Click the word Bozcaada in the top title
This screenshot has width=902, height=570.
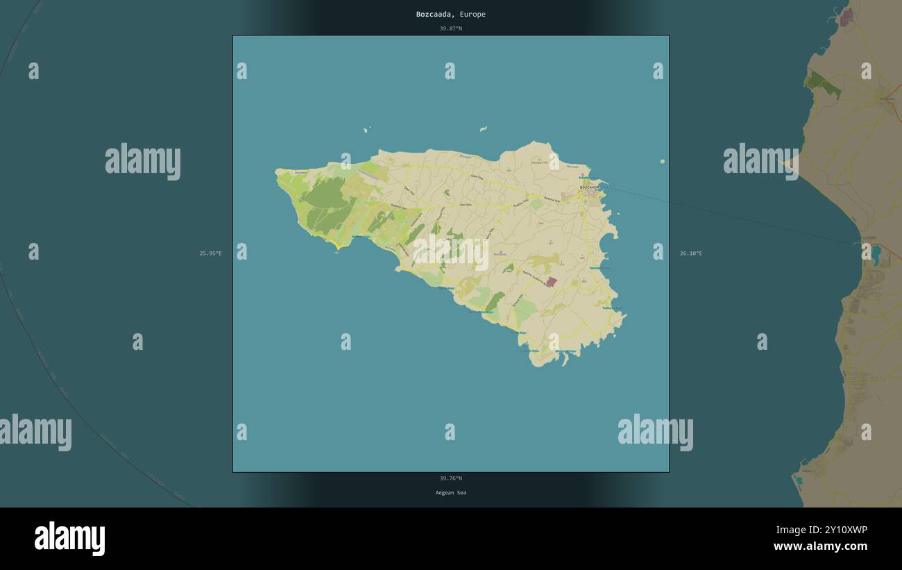coord(435,14)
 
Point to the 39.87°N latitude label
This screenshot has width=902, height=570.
coord(450,28)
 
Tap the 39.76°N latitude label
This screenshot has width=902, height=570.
coord(450,478)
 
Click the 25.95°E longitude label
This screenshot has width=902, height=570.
coord(211,253)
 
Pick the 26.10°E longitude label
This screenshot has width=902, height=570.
coord(691,253)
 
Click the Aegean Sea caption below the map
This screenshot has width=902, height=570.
coord(450,493)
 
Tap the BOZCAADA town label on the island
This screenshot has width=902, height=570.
coord(589,187)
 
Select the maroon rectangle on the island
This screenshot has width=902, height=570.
coord(551,282)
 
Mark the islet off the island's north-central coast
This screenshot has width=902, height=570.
coord(483,128)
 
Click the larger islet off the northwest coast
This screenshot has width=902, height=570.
coord(366,129)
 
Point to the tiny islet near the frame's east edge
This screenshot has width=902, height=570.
coord(662,162)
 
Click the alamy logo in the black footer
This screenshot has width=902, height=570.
coord(69,539)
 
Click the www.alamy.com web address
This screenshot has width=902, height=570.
coord(820,546)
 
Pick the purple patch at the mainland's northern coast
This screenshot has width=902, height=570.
coord(846,17)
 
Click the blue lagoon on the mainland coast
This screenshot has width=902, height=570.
coord(876,255)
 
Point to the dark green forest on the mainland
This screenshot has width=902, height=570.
coord(823,84)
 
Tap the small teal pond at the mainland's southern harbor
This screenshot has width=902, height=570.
coord(799,480)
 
